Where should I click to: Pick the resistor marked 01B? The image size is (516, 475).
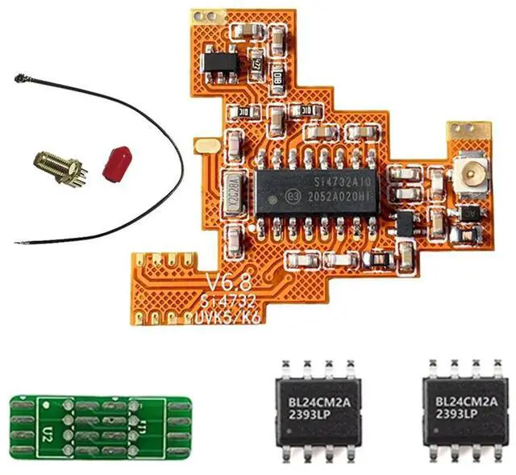click(x=277, y=79)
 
